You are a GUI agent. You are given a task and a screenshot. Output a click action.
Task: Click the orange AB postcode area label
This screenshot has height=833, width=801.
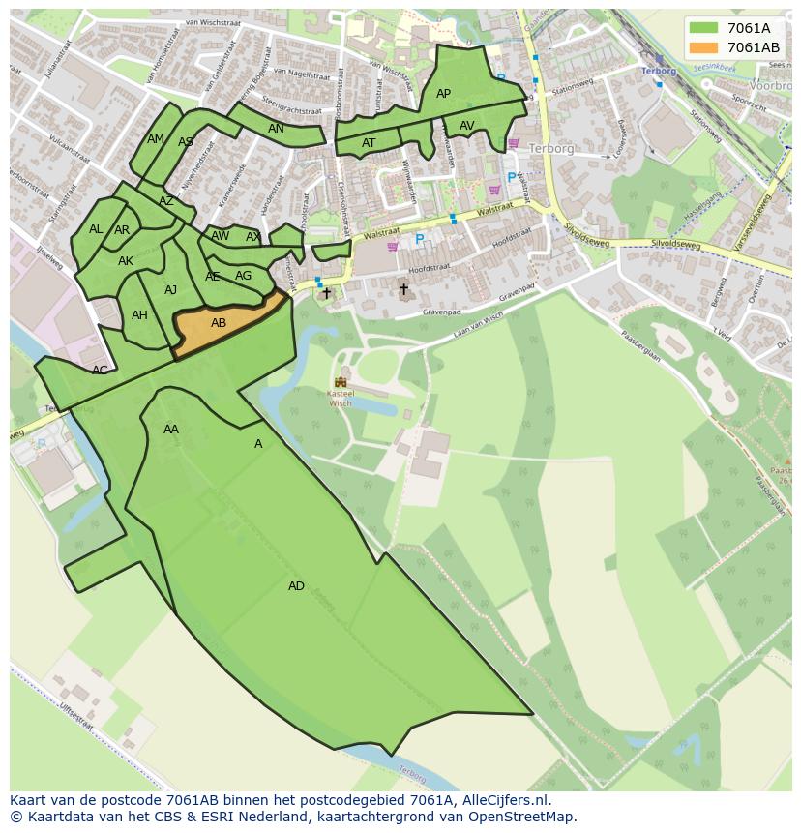(x=219, y=323)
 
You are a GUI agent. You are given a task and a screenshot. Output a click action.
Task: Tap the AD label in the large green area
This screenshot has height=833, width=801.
(x=296, y=586)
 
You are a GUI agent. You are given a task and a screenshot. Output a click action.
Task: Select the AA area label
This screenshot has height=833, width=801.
(x=171, y=430)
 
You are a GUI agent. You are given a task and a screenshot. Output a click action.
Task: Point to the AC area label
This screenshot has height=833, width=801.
(x=100, y=370)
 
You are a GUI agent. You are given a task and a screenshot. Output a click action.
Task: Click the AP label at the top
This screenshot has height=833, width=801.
(x=443, y=94)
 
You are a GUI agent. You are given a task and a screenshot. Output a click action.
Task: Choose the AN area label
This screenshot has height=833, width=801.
(x=276, y=129)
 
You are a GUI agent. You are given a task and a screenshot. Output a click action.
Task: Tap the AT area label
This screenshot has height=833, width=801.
(x=369, y=143)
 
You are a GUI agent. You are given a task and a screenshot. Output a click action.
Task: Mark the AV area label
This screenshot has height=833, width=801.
(x=467, y=126)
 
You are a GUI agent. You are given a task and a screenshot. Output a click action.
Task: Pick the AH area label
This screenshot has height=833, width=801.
(x=139, y=315)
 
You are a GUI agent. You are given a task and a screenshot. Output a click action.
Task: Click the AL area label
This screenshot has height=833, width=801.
(x=96, y=229)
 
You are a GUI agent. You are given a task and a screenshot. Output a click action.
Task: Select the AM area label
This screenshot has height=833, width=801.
(x=155, y=139)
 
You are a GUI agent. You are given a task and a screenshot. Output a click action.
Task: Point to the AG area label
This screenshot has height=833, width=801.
(x=243, y=276)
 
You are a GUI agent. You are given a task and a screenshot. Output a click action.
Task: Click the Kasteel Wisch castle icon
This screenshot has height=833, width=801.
(x=341, y=383)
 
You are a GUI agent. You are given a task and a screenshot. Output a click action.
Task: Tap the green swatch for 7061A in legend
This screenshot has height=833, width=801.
(x=703, y=28)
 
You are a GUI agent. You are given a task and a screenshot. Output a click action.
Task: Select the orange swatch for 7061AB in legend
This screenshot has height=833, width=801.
(x=703, y=47)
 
